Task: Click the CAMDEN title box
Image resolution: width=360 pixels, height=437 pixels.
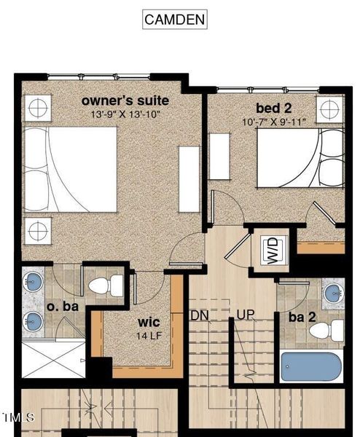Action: [174, 20]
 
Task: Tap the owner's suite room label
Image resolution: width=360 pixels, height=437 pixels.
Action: [125, 100]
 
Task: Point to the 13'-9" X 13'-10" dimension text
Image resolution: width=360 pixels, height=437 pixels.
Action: [125, 114]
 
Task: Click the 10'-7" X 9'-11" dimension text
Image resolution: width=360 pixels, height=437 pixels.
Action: [274, 122]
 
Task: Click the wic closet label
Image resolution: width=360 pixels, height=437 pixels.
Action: [149, 321]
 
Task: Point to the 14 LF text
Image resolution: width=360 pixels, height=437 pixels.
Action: [149, 336]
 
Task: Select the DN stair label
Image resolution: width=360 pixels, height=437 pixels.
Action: [200, 315]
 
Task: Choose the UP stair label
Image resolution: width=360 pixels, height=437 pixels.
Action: [244, 315]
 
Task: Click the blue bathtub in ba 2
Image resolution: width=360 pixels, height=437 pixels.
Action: [311, 366]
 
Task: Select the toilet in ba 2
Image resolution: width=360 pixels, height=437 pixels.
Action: [326, 331]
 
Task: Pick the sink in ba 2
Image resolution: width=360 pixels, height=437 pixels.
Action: [333, 294]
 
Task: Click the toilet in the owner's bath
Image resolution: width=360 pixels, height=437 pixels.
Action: [106, 284]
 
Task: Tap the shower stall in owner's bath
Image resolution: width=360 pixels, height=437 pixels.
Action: [52, 358]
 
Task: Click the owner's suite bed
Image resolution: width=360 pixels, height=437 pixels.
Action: [70, 169]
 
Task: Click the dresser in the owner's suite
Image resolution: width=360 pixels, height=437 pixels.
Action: [189, 179]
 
